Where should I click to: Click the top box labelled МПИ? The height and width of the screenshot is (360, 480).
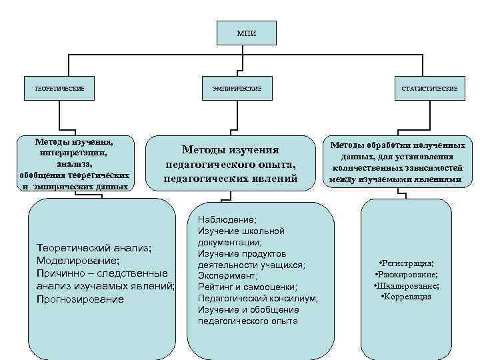246,33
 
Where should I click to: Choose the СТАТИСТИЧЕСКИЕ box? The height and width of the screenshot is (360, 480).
429,88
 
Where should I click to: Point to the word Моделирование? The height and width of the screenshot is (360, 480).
79,261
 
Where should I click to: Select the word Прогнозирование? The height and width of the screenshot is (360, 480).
81,299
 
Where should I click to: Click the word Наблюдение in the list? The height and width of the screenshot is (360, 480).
227,219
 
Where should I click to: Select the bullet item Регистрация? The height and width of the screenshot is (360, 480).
407,263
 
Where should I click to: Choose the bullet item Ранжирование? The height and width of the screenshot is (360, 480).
407,274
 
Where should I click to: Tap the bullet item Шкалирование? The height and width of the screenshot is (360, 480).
407,285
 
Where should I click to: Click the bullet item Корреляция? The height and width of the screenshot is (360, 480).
406,296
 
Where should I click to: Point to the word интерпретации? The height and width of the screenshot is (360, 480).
75,153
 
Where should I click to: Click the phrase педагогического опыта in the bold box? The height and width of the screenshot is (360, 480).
230,164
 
